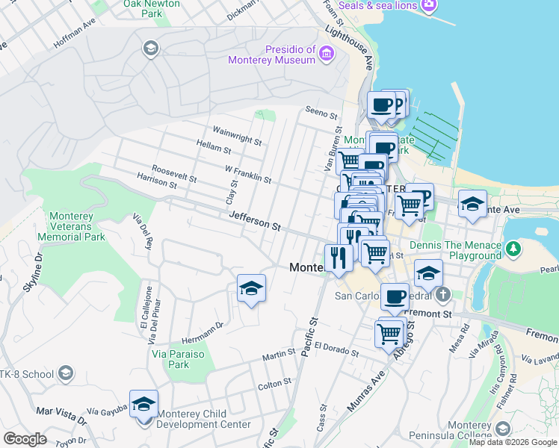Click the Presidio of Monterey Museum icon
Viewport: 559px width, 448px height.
tap(327, 53)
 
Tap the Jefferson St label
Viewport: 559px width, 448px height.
tap(255, 220)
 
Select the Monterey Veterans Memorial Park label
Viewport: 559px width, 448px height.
tap(71, 226)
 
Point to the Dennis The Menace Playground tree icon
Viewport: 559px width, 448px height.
tap(513, 247)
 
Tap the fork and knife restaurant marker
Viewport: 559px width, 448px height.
tap(339, 258)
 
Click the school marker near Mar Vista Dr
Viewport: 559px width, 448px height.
tap(143, 404)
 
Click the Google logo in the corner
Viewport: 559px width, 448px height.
tap(25, 439)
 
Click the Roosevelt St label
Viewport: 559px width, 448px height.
tap(173, 174)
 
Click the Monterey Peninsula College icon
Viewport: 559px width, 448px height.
tap(503, 428)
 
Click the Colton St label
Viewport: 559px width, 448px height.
tap(274, 382)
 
